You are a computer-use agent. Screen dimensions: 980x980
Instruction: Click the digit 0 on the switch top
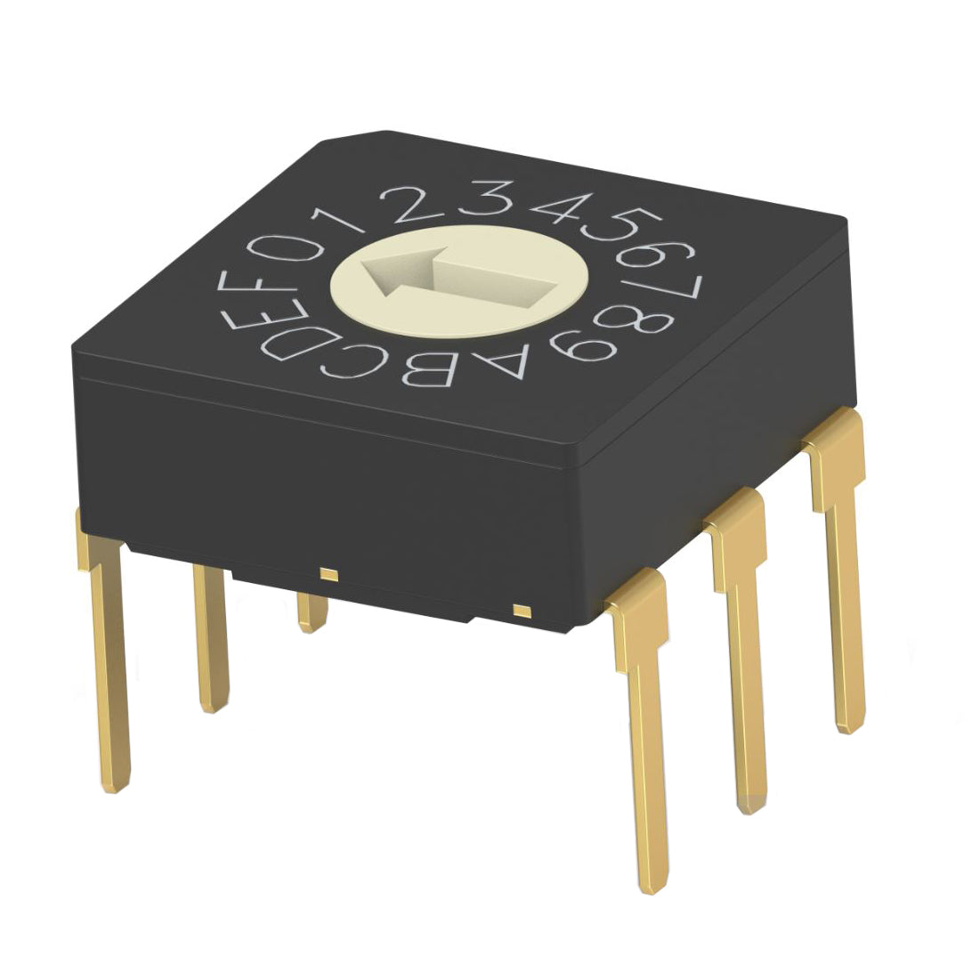(x=286, y=249)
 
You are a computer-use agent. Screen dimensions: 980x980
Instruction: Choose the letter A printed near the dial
(x=500, y=361)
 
